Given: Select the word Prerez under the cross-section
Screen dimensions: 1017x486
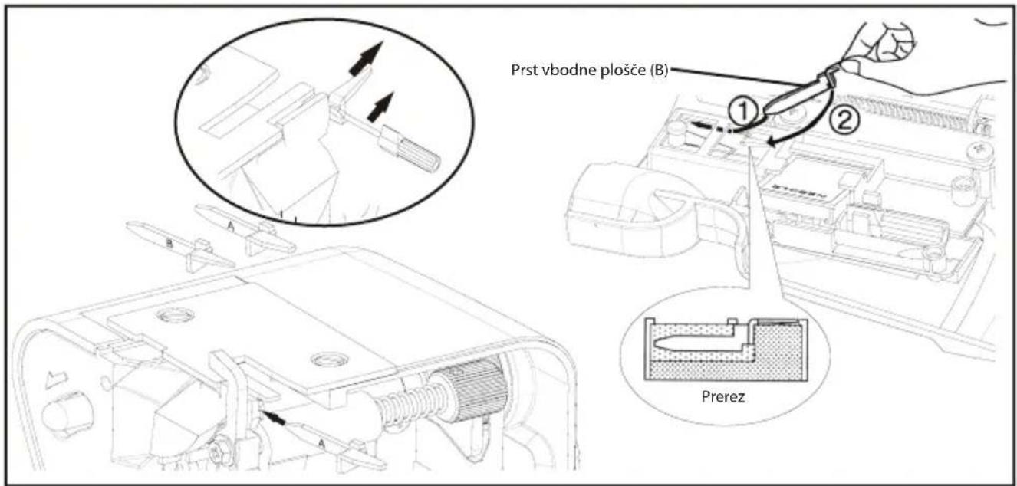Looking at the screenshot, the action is point(722,397).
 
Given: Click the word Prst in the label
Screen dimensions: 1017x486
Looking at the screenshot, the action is point(524,71).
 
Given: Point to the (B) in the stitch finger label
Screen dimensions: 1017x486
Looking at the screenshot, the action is point(658,71).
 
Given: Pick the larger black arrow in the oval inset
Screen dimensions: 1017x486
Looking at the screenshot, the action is point(367,58).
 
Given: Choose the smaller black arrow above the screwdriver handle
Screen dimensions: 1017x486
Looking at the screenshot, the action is point(380,107).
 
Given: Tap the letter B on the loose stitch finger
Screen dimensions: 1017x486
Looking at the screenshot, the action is point(169,244).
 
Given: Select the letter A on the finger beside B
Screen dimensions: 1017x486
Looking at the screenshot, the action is point(231,226).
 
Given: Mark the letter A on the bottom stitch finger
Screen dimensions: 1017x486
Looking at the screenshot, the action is point(321,444).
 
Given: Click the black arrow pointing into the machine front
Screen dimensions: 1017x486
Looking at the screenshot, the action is point(275,419).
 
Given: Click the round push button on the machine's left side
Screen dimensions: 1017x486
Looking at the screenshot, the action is point(67,414).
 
